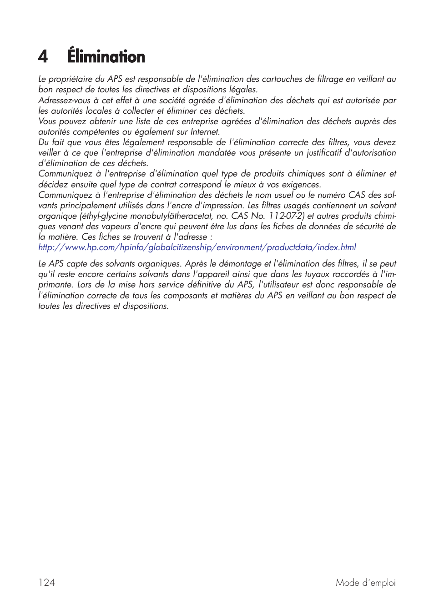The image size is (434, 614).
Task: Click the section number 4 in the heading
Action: [43, 57]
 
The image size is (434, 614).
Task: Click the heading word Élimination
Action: [106, 57]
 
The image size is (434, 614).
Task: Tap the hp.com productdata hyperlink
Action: [197, 247]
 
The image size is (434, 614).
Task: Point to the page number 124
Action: [46, 583]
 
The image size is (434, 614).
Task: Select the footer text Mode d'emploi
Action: [365, 583]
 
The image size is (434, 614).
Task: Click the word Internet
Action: [205, 131]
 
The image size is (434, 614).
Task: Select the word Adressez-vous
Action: [64, 100]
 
